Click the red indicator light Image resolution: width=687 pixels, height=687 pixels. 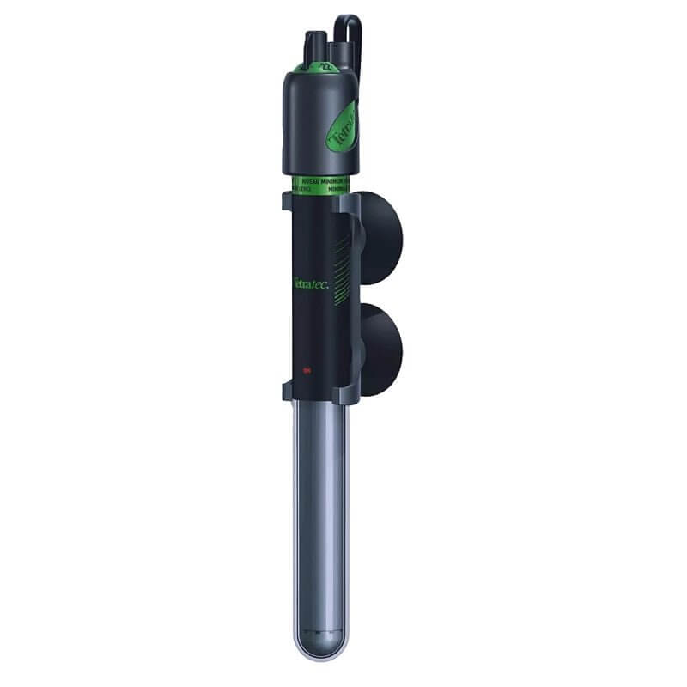click(307, 370)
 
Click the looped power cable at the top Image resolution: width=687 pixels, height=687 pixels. click(347, 30)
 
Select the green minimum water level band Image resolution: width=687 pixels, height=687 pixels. click(319, 183)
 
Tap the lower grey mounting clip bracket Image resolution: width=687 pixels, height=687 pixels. click(318, 392)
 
